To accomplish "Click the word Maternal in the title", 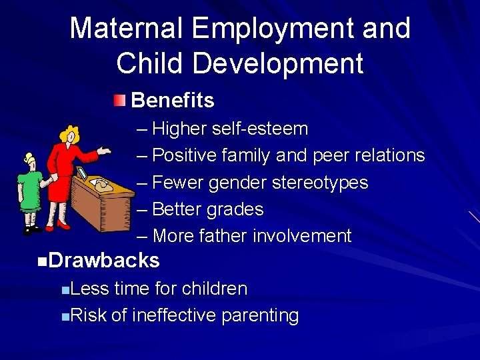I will (125, 29).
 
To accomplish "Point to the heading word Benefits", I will (173, 101).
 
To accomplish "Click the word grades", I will (236, 209).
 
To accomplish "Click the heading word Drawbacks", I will (104, 261).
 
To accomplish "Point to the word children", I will (214, 289).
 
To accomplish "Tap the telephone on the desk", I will (104, 186).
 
